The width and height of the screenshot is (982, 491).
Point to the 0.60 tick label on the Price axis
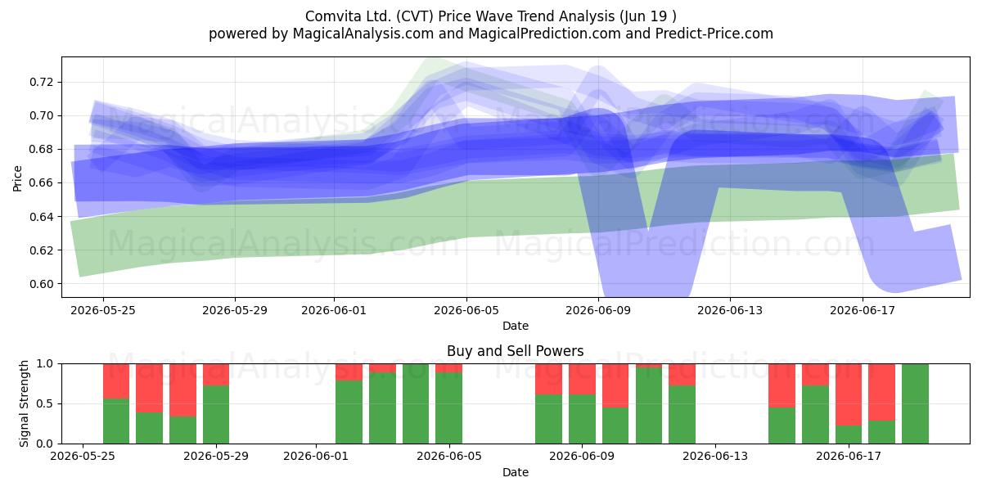click(41, 284)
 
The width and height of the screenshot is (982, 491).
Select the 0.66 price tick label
click(41, 183)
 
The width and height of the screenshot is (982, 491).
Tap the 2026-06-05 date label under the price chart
click(466, 310)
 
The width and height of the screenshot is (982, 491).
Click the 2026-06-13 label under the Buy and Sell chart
click(715, 456)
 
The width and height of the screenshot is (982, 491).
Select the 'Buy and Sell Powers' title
click(515, 351)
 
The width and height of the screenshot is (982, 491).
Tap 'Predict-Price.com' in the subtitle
click(714, 34)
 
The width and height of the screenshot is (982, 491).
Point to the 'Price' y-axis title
click(17, 178)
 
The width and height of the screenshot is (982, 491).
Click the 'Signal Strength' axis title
click(24, 403)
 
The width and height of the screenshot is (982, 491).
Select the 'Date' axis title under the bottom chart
click(516, 473)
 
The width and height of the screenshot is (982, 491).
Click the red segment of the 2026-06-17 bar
click(849, 394)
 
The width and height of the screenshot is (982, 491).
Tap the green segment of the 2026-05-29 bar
click(216, 415)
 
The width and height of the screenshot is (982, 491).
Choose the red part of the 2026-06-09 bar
click(582, 379)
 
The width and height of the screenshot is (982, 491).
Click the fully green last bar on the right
click(915, 403)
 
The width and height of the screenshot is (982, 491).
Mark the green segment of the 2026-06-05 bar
click(449, 408)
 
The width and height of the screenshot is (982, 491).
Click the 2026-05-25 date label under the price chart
click(103, 310)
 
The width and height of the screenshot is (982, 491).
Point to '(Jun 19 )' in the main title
click(648, 16)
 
